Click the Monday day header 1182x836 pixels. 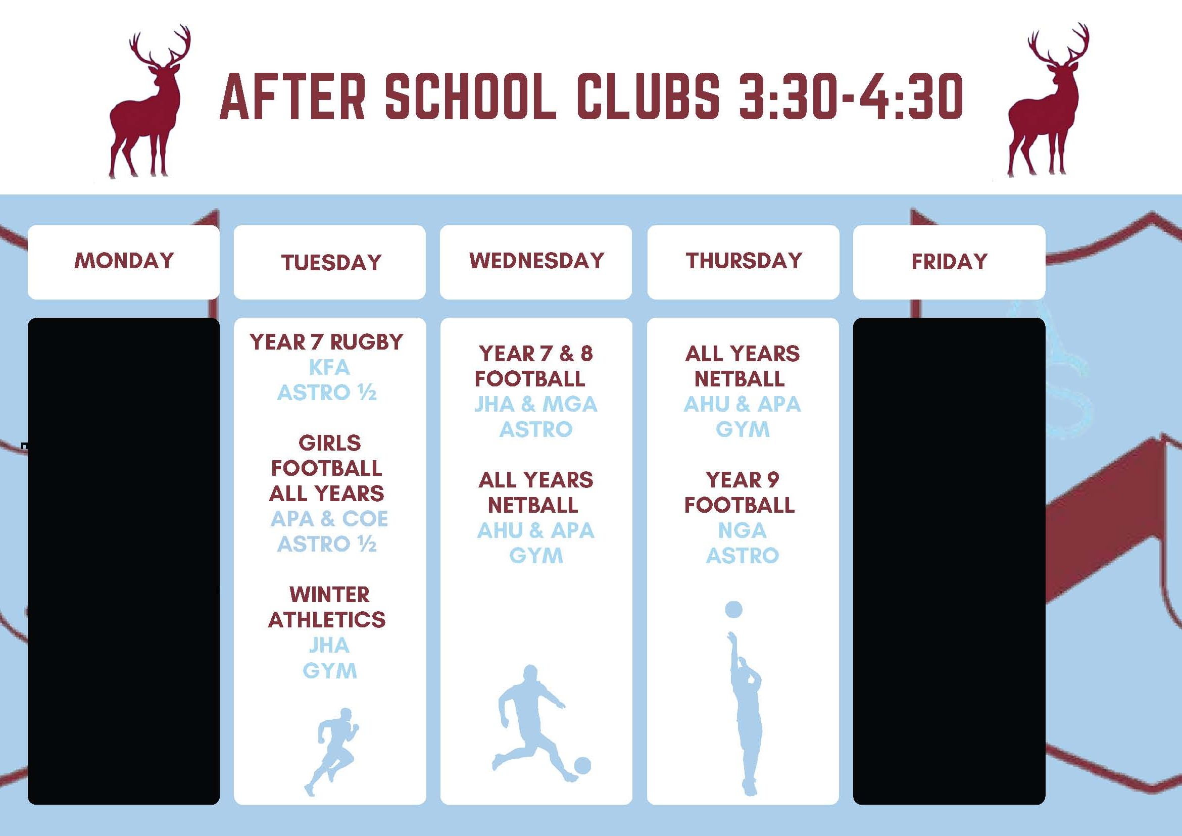[x=124, y=261]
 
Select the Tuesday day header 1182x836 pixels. [x=331, y=263]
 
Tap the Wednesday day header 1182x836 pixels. [x=536, y=261]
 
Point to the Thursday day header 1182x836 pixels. [x=744, y=261]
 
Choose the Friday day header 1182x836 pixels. [x=949, y=262]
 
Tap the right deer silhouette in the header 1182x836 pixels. [x=1048, y=101]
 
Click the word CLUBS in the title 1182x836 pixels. [x=648, y=96]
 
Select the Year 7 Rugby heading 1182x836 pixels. [x=326, y=342]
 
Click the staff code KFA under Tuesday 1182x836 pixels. [x=329, y=367]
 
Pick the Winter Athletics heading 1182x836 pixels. [x=327, y=607]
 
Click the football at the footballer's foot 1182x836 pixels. [x=582, y=765]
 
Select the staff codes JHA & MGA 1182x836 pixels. [x=536, y=404]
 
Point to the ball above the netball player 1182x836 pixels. [x=733, y=610]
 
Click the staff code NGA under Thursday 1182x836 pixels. [x=743, y=530]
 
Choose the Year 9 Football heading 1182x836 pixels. [x=740, y=493]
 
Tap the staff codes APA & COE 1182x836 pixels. [x=329, y=519]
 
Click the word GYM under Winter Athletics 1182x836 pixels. [x=329, y=670]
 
